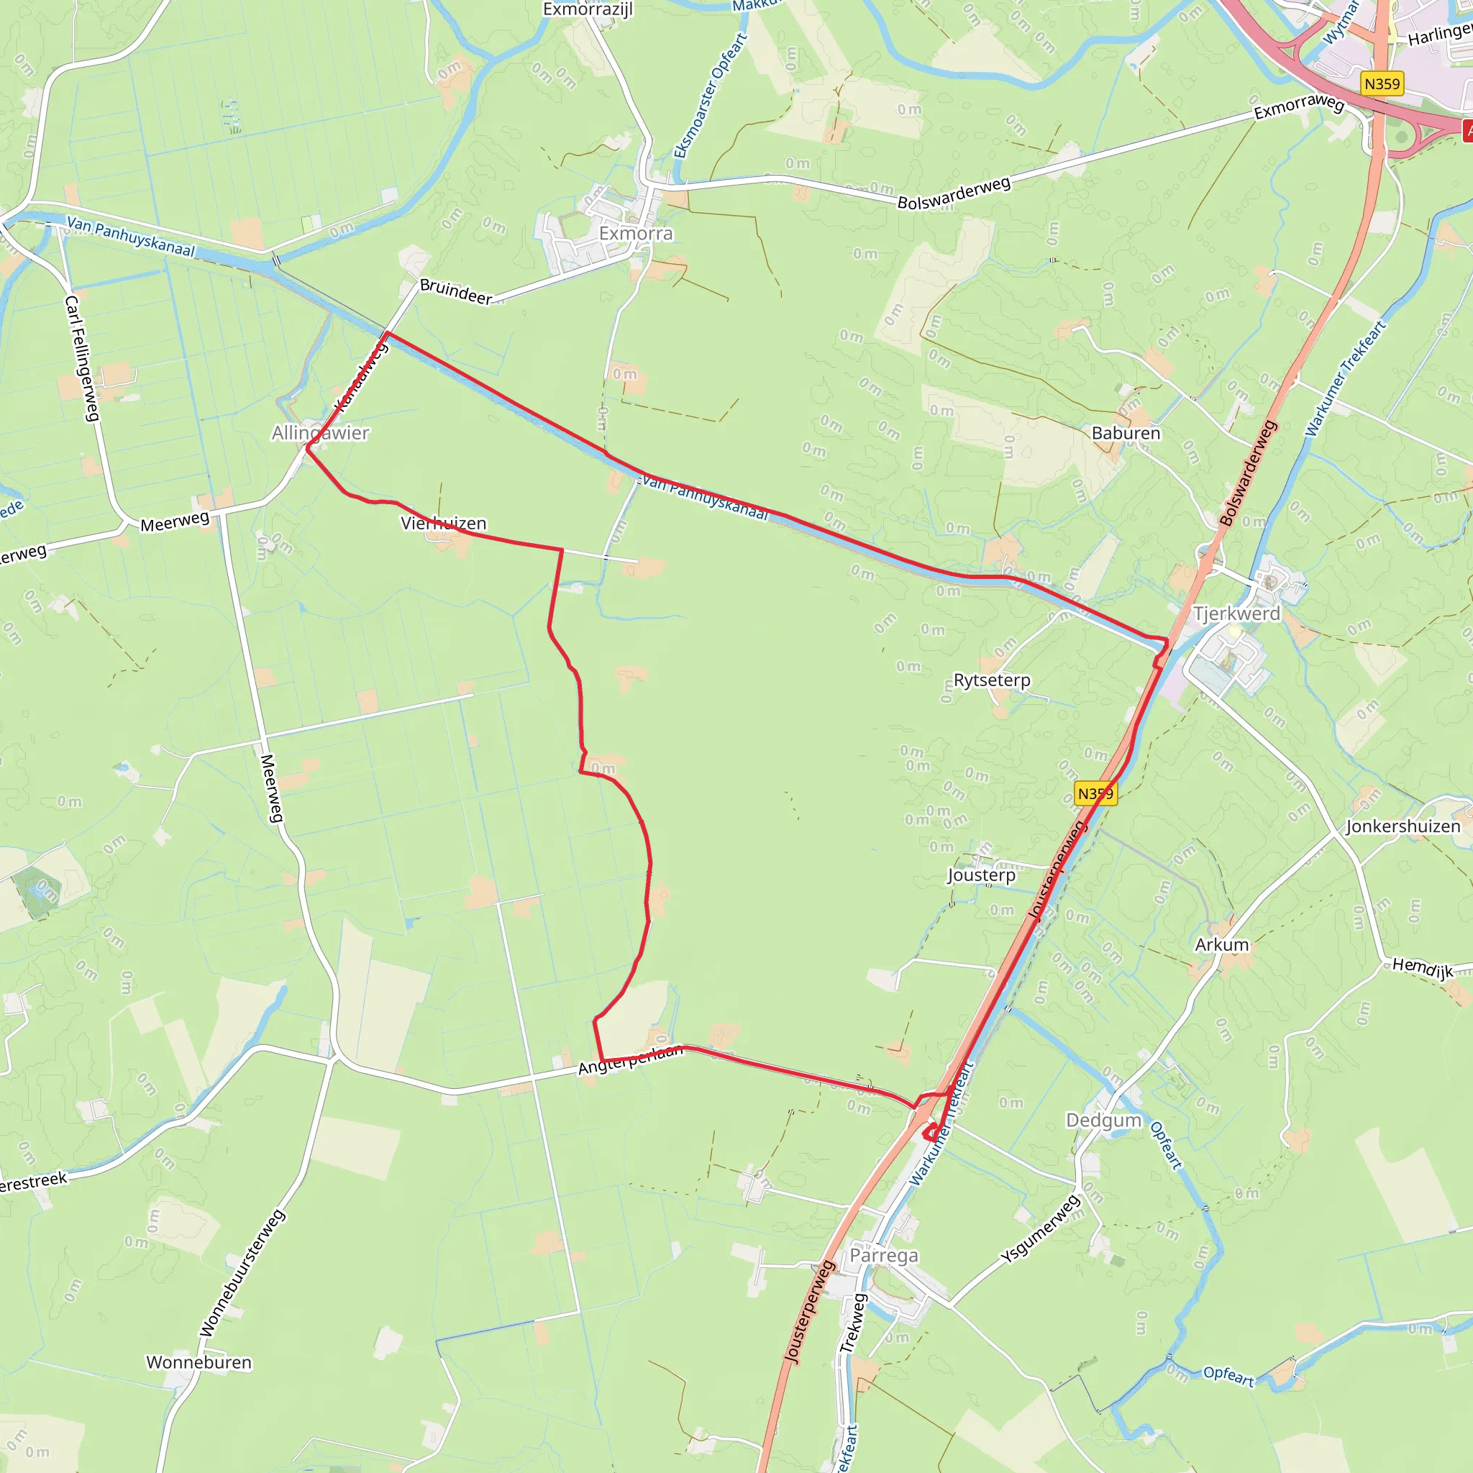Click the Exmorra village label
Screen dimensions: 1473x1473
636,233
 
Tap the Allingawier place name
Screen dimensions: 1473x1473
320,433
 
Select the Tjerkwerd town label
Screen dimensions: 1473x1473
1236,614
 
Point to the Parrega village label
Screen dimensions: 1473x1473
884,1256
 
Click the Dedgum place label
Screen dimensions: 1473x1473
1103,1120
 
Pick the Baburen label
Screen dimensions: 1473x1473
1126,433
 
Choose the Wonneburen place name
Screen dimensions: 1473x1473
199,1362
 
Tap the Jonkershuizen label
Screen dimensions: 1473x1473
1403,826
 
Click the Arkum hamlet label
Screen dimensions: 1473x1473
1221,944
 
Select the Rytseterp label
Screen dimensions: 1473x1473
991,680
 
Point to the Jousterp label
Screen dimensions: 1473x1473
981,875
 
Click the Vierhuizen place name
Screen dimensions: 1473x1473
443,523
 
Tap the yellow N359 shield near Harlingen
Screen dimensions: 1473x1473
1382,84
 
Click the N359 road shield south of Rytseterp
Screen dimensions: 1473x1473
1095,794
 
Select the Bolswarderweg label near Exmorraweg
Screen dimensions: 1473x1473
954,193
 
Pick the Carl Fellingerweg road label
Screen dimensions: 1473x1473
82,358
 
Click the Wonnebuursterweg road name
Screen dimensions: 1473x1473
242,1272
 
